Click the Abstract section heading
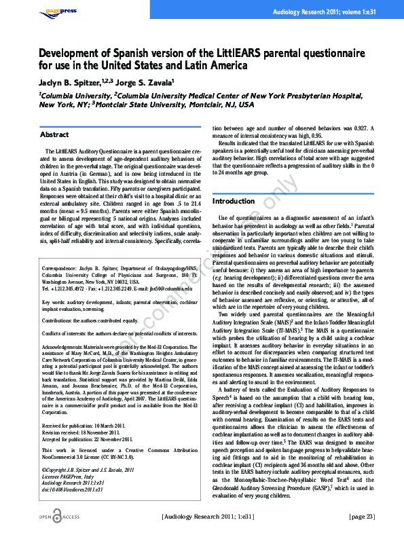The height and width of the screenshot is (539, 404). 55,134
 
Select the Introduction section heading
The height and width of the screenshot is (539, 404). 234,201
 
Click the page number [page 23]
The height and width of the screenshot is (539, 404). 361,517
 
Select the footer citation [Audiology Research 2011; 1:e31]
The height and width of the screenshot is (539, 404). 212,517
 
